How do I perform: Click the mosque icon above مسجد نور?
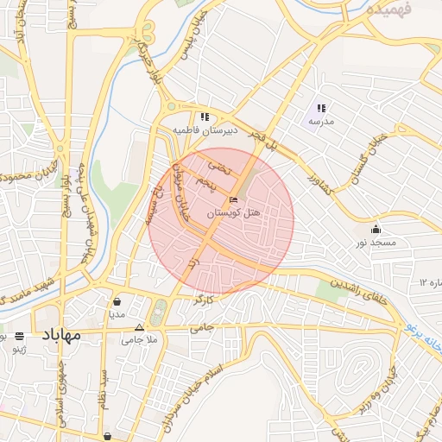376,230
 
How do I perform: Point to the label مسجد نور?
376,243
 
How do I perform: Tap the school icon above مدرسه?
321,109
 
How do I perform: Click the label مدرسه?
321,122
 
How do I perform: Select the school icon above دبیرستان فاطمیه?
205,117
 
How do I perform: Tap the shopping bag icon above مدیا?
117,302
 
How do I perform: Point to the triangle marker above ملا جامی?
141,328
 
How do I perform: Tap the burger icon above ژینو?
19,337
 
